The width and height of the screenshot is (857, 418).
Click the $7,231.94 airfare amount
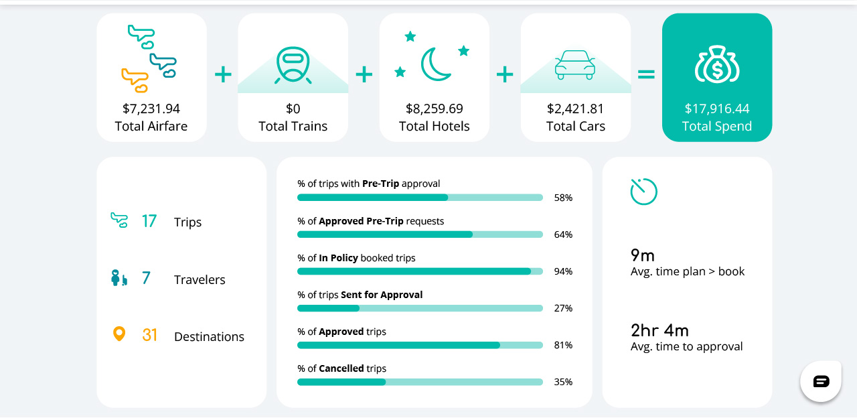[151, 109]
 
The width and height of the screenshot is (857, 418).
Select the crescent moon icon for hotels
[435, 64]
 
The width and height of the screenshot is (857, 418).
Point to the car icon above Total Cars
[575, 65]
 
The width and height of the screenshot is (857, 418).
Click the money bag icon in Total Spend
[716, 64]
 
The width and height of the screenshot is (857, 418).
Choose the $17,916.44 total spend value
[716, 109]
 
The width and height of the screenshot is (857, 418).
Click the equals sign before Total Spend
[646, 74]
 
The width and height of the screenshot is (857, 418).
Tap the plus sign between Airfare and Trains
[223, 74]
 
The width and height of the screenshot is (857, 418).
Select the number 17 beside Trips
[149, 221]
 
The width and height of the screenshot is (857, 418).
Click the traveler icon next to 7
[119, 278]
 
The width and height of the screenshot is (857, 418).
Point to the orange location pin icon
[119, 334]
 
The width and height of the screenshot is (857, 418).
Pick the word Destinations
[209, 337]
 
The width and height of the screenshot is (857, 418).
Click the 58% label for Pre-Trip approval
[563, 198]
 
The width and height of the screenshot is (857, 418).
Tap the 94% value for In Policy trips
[563, 271]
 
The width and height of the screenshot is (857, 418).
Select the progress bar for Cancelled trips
[420, 382]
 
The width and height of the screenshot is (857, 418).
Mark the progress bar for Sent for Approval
[420, 308]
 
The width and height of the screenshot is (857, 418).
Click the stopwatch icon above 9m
[643, 192]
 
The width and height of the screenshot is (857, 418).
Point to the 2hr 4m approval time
[659, 330]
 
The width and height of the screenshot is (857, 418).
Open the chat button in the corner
[821, 381]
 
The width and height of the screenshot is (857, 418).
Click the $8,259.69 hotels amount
[435, 109]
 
